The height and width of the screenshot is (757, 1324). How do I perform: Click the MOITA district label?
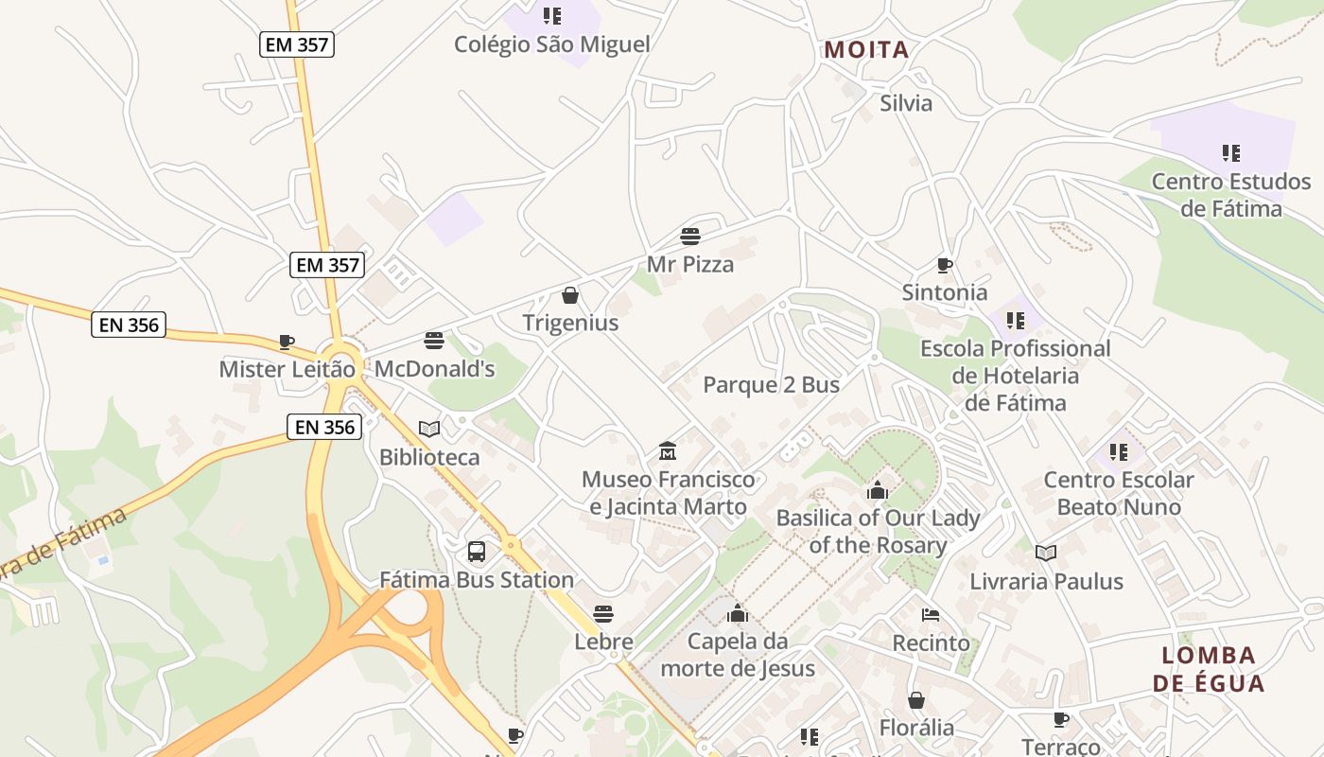[x=866, y=50]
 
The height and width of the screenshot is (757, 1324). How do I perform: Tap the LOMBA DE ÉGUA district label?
[x=1209, y=669]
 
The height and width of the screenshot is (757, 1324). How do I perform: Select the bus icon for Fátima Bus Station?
[x=477, y=551]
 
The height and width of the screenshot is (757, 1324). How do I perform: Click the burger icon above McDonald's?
[x=434, y=341]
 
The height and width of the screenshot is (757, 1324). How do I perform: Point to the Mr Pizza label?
[x=690, y=264]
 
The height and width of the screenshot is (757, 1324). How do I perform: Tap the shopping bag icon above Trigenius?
[x=570, y=295]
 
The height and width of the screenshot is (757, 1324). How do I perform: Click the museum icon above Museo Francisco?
[x=668, y=450]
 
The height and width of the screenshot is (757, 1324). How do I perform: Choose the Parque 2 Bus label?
[x=771, y=385]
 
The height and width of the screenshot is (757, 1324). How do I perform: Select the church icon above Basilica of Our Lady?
[x=878, y=490]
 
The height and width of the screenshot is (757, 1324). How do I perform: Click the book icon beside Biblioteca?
[x=429, y=429]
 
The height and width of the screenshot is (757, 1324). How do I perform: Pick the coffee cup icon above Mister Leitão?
[x=287, y=342]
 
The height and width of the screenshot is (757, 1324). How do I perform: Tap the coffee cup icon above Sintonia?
[x=944, y=265]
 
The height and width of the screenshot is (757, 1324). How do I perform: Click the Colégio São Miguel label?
[x=552, y=44]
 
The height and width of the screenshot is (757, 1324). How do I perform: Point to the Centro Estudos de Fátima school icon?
[x=1230, y=153]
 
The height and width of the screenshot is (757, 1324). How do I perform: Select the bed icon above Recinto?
[x=931, y=615]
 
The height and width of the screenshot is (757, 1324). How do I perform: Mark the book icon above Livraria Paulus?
[x=1045, y=553]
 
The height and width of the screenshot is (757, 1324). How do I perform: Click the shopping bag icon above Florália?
[x=916, y=700]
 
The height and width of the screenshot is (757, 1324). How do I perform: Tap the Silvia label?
[x=906, y=103]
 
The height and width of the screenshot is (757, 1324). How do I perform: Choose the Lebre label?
[x=603, y=642]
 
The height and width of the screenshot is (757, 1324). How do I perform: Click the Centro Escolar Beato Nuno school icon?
[x=1118, y=452]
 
